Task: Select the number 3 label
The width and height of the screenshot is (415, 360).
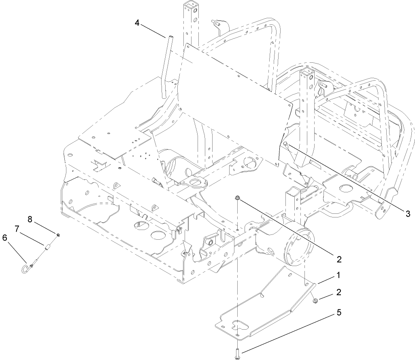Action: [x=408, y=213]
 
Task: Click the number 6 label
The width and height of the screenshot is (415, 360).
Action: [x=5, y=238]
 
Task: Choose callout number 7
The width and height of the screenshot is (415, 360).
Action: [x=17, y=229]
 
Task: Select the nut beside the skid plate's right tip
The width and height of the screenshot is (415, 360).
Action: [x=315, y=300]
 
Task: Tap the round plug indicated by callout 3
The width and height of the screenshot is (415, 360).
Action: [x=285, y=144]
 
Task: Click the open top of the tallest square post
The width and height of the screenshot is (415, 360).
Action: [x=192, y=6]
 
